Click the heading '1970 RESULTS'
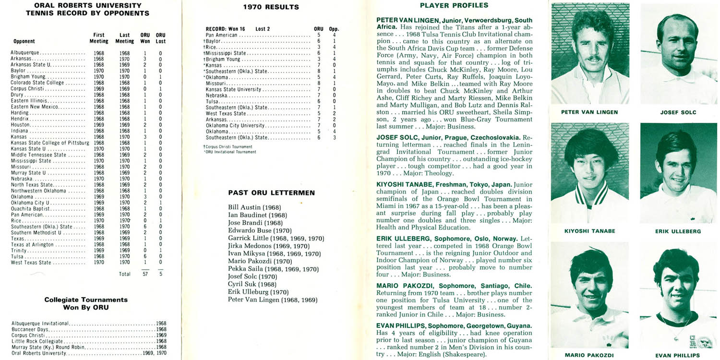click(271, 7)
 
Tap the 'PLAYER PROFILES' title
click(454, 6)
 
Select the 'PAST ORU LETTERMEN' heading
click(271, 193)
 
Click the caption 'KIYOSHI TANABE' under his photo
click(589, 231)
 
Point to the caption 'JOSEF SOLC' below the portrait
click(678, 112)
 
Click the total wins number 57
click(145, 274)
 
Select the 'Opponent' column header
click(24, 41)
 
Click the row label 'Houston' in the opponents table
click(21, 124)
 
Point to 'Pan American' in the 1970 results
click(221, 35)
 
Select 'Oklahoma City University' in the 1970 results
click(235, 125)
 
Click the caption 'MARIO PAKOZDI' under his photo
click(589, 356)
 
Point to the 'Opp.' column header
click(334, 29)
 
